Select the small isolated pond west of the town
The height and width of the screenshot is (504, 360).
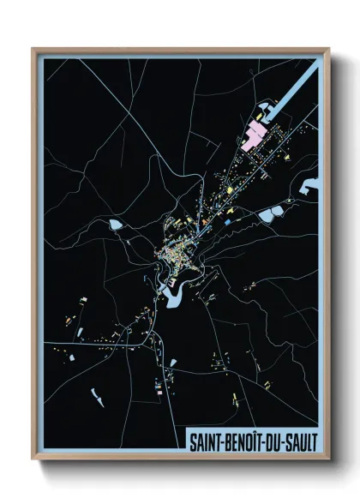pyautogui.click(x=115, y=225)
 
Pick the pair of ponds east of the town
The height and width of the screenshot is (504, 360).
pyautogui.click(x=273, y=212)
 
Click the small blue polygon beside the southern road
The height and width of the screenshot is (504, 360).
pyautogui.click(x=173, y=363)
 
